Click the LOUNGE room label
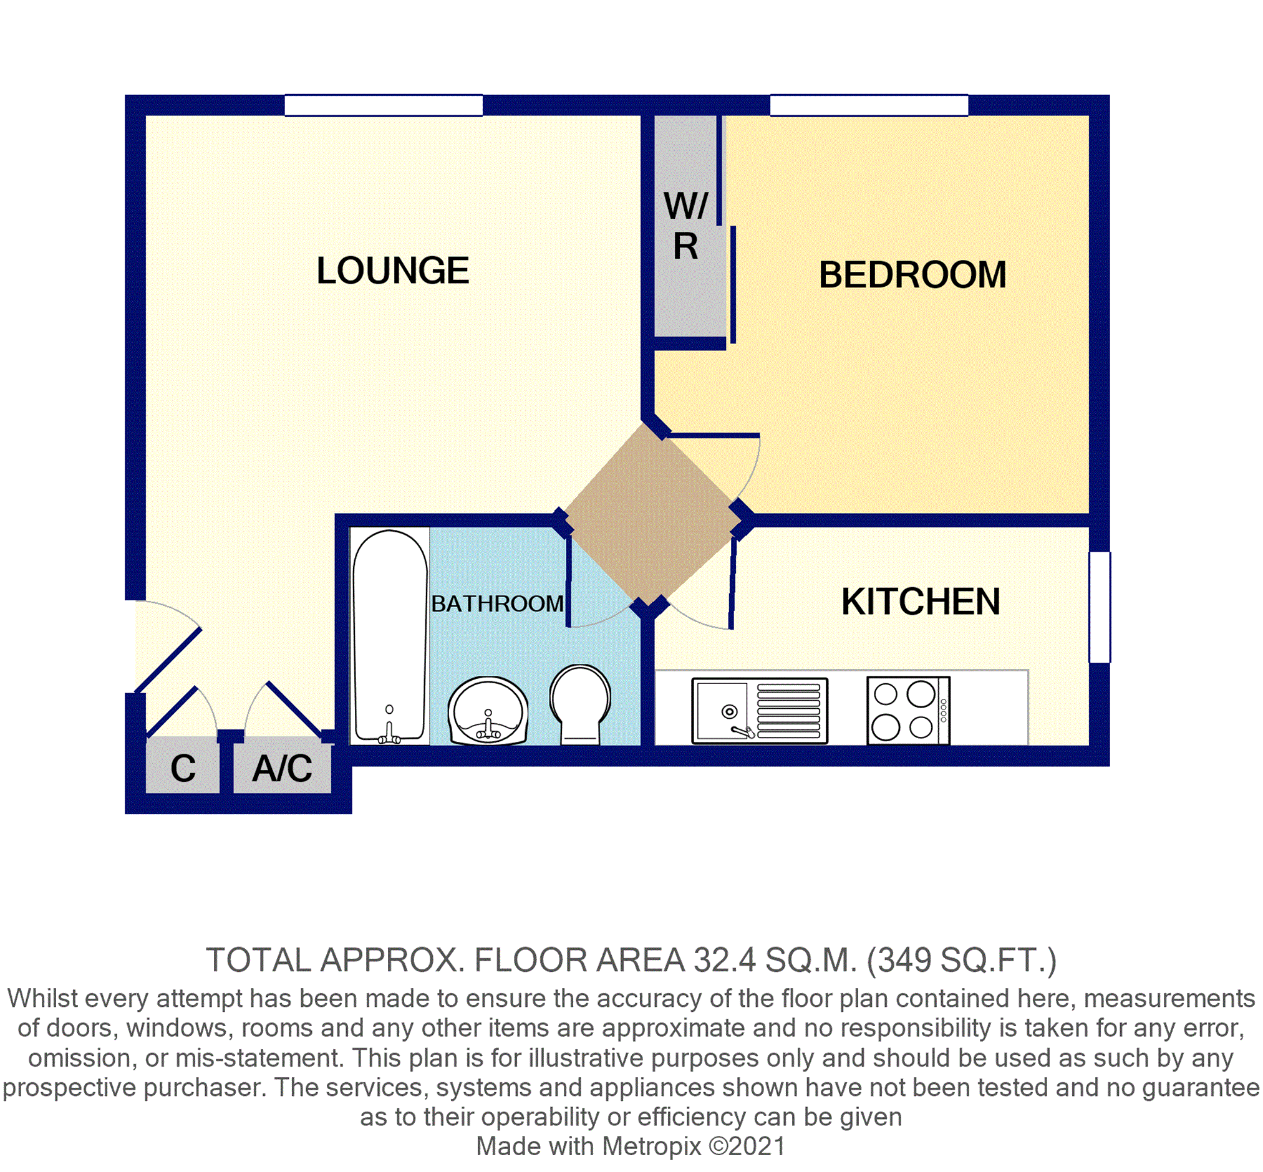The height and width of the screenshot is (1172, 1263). tap(393, 271)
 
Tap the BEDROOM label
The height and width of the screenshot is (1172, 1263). tap(912, 276)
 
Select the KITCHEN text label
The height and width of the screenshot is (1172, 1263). tap(921, 602)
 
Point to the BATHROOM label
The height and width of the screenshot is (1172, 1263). tap(497, 603)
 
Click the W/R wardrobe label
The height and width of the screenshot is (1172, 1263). tap(685, 226)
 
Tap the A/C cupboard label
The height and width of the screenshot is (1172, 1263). tap(283, 769)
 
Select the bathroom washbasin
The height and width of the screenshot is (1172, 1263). tap(488, 710)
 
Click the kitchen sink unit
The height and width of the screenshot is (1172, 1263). tap(759, 710)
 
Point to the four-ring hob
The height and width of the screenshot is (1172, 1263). tap(907, 710)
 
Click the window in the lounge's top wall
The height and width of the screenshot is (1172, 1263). tap(383, 105)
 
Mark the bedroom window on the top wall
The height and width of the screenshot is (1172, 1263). tap(869, 105)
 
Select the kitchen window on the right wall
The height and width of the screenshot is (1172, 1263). tap(1100, 608)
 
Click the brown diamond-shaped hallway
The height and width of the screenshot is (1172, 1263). tap(653, 513)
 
